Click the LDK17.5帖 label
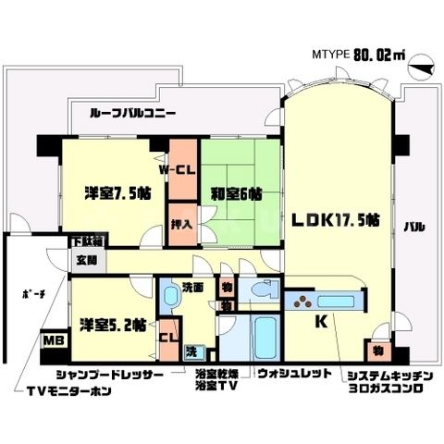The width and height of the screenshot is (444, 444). (335, 220)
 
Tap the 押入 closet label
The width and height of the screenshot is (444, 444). (181, 223)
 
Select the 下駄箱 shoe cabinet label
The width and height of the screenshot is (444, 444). (88, 241)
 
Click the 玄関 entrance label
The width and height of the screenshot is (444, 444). (86, 261)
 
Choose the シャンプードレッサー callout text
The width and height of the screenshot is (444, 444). (109, 376)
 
